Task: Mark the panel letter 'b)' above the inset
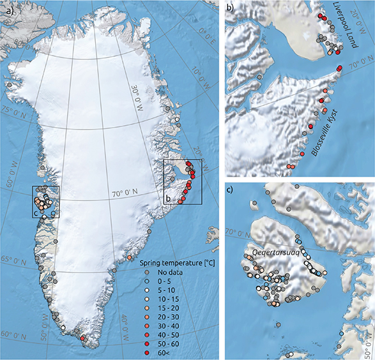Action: tap(230, 7)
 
